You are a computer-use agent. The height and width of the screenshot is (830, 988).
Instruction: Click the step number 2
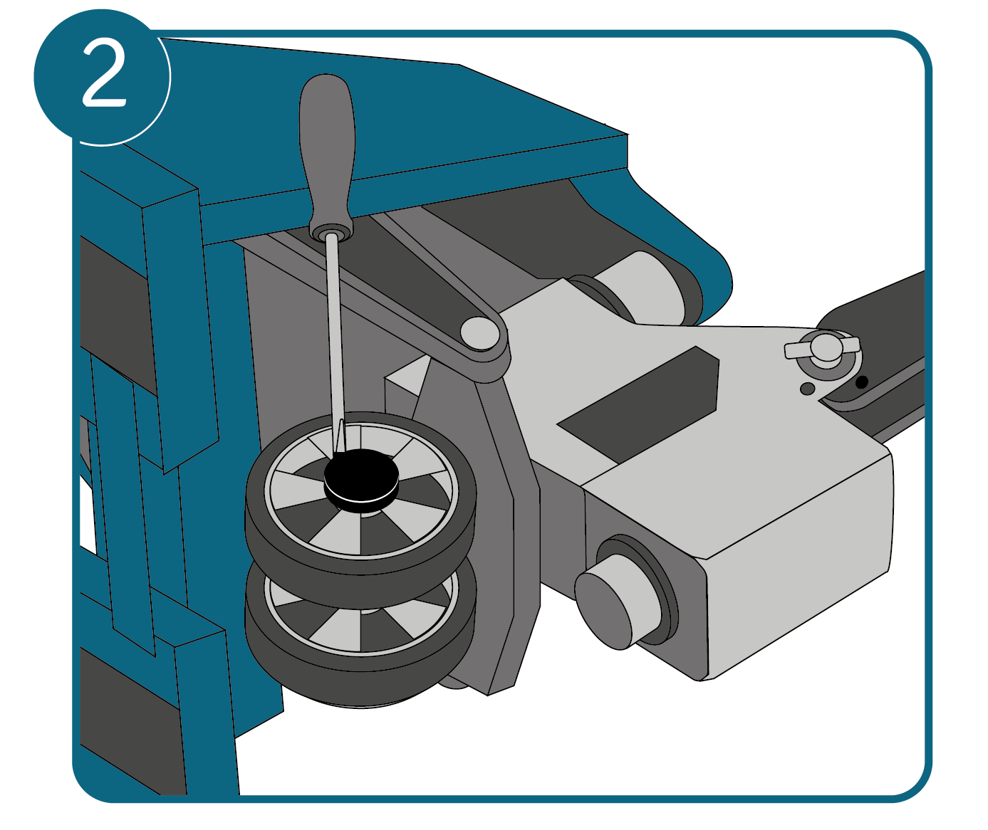click(104, 73)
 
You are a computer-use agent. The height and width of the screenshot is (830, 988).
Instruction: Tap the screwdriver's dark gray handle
click(328, 152)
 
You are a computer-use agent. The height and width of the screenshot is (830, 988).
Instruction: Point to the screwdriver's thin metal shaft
click(336, 340)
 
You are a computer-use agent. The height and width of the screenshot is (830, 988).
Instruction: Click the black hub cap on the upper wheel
click(361, 480)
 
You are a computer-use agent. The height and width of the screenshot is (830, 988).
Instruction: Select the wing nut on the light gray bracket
click(822, 350)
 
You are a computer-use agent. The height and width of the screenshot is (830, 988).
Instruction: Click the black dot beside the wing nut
click(862, 382)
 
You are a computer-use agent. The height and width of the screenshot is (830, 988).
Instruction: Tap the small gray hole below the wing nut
click(807, 389)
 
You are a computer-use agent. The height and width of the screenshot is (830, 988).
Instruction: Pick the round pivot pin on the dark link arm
click(480, 333)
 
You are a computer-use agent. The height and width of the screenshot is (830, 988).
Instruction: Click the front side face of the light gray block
click(800, 567)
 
